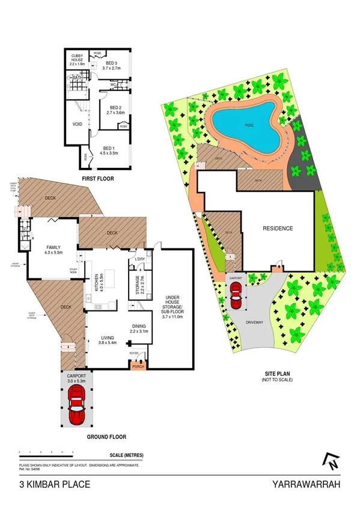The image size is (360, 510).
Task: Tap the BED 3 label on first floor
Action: (x=111, y=63)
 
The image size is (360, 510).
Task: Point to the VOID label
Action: (x=77, y=126)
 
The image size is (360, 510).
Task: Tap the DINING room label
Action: (x=139, y=327)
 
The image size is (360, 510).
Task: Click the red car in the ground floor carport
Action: (x=76, y=404)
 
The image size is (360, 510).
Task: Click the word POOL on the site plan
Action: (x=249, y=126)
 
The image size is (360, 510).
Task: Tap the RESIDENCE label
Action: (x=278, y=229)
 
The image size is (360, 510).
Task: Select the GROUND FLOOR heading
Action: (x=106, y=437)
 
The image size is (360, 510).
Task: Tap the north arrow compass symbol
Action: (x=329, y=461)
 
